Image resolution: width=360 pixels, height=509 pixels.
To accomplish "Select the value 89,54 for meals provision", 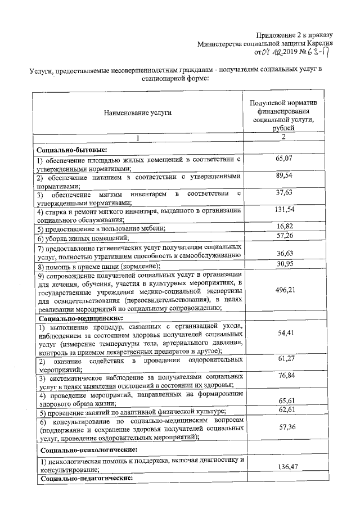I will pos(285,176).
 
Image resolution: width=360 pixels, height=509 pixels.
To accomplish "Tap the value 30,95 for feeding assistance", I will pos(285,264).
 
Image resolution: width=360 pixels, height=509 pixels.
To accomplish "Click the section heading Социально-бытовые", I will pos(71,150).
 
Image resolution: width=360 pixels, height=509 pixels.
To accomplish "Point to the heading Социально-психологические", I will pos(83,449).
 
